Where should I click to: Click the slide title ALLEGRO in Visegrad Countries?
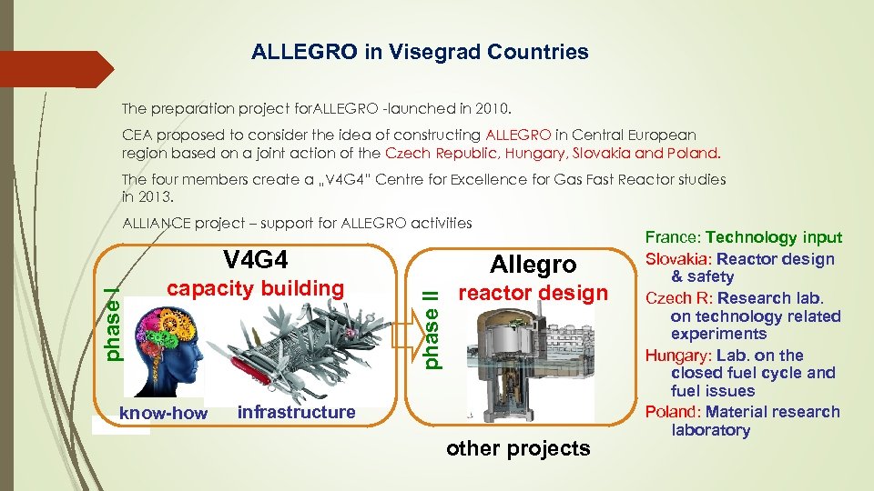(x=420, y=53)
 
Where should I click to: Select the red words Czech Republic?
(x=432, y=153)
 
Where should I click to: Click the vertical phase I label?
(x=110, y=323)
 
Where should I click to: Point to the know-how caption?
(x=164, y=414)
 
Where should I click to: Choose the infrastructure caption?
(x=296, y=413)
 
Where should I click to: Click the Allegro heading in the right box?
(x=533, y=265)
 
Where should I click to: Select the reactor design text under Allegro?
(x=533, y=293)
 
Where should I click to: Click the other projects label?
(x=518, y=448)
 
